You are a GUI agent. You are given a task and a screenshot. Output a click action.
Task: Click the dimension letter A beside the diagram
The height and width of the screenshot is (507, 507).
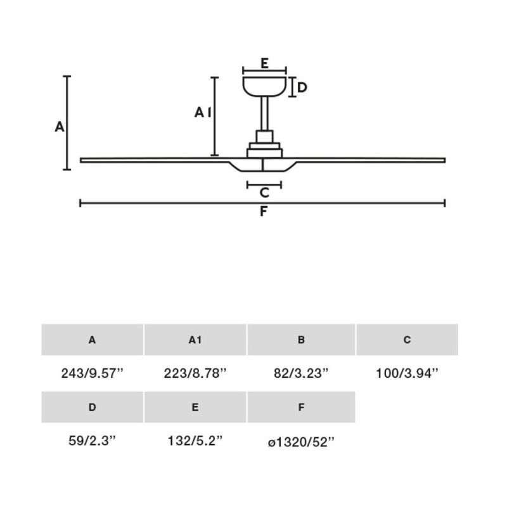point(60,127)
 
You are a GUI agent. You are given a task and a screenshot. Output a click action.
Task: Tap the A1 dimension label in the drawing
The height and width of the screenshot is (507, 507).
point(202,113)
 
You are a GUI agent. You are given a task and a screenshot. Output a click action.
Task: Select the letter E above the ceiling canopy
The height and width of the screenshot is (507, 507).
point(264,63)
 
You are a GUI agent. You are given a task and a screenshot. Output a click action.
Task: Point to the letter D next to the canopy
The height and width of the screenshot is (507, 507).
point(302,87)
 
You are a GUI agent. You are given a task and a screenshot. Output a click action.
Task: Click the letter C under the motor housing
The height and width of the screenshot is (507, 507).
point(264,193)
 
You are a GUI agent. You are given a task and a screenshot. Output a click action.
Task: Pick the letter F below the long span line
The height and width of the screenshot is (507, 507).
point(263,212)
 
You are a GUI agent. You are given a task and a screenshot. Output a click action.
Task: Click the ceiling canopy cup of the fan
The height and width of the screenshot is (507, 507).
point(264,86)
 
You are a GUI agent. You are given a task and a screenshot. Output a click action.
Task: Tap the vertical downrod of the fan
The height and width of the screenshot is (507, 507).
point(264,114)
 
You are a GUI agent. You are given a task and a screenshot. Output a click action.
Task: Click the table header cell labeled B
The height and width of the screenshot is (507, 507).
point(301,340)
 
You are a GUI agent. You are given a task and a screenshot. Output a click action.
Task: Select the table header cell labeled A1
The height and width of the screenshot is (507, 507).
point(195,340)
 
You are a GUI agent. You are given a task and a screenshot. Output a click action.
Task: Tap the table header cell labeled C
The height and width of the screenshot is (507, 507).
point(407,340)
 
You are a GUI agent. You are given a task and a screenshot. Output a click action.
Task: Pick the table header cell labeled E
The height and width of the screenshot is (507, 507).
point(195,408)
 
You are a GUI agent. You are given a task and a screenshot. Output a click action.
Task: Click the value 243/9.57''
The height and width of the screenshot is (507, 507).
point(92,374)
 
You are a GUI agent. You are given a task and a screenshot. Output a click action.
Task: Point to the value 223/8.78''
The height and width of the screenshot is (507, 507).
point(195,374)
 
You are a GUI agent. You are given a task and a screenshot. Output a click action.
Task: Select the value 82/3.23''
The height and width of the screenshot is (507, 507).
point(301,374)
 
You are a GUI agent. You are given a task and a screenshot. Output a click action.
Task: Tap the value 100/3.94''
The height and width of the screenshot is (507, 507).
point(407,374)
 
